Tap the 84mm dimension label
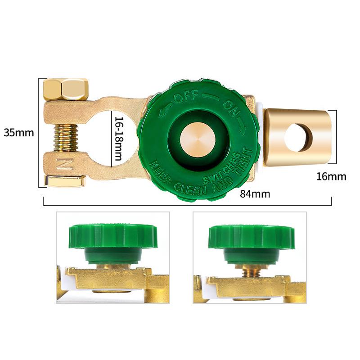(x=255, y=194)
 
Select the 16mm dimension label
(x=331, y=176)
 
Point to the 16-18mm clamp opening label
(x=118, y=139)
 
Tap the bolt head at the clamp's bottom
(x=66, y=181)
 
